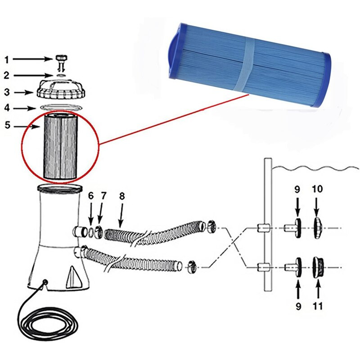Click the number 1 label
pyautogui.click(x=6, y=59)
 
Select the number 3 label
pyautogui.click(x=6, y=92)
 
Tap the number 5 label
pyautogui.click(x=6, y=125)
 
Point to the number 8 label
pyautogui.click(x=122, y=196)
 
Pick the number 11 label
pyautogui.click(x=318, y=306)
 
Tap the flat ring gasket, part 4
pyautogui.click(x=61, y=107)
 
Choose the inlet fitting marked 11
pyautogui.click(x=318, y=266)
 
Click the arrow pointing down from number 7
pyautogui.click(x=103, y=211)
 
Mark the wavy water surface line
pyautogui.click(x=315, y=168)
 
